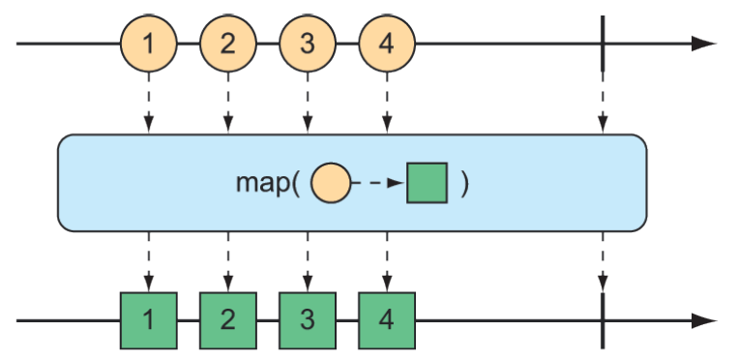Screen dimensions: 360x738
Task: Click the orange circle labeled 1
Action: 148,44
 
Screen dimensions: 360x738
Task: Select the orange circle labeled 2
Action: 227,44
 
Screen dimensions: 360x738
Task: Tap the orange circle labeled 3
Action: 307,44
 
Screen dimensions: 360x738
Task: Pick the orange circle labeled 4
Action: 386,44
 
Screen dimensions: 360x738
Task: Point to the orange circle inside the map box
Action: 330,183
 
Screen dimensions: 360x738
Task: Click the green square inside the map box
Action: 427,183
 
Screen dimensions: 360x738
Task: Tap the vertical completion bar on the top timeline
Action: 602,44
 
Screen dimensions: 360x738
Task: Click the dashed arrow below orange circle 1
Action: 148,103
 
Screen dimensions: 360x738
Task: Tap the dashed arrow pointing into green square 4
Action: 386,261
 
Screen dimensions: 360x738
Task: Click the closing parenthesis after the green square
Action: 464,184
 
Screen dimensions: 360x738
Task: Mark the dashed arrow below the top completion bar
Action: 602,103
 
